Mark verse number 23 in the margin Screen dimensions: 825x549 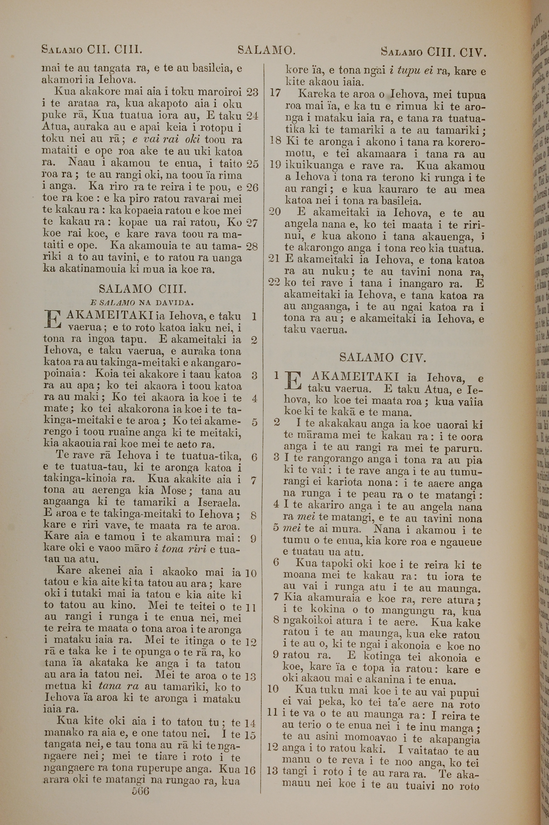click(x=252, y=92)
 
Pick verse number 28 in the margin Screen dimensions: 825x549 click(x=252, y=247)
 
